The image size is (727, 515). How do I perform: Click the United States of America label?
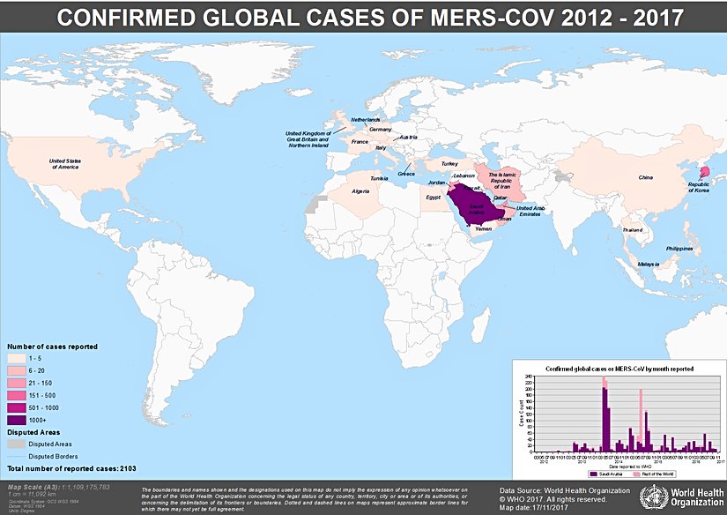point(65,163)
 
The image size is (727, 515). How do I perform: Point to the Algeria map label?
point(361,190)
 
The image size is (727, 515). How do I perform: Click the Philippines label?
point(679,249)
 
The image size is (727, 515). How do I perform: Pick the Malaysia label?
point(649,264)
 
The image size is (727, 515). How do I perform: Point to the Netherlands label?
point(366,119)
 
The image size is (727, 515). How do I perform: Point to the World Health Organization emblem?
point(656,495)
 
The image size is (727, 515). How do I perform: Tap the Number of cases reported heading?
point(52,347)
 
